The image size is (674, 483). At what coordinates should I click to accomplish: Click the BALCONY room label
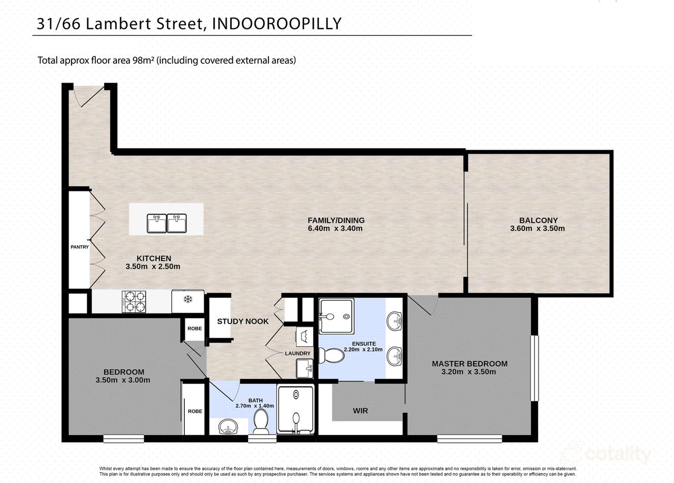pyautogui.click(x=538, y=220)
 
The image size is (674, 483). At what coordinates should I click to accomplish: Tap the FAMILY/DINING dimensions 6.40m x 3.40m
pyautogui.click(x=336, y=228)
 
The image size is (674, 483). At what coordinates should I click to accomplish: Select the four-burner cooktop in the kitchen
pyautogui.click(x=134, y=302)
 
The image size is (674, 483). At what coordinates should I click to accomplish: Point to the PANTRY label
pyautogui.click(x=80, y=247)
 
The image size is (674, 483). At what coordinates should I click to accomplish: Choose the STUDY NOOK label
pyautogui.click(x=243, y=321)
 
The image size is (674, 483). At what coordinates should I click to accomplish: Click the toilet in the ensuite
pyautogui.click(x=332, y=356)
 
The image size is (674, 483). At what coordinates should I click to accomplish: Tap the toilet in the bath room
pyautogui.click(x=261, y=421)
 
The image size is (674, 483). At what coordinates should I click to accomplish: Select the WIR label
pyautogui.click(x=361, y=411)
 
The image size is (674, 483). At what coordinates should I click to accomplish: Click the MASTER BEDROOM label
pyautogui.click(x=470, y=364)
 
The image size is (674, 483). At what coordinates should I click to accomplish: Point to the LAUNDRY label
pyautogui.click(x=298, y=353)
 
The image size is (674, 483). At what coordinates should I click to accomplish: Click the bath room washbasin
pyautogui.click(x=228, y=426)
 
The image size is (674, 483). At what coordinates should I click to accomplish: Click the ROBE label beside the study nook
pyautogui.click(x=194, y=328)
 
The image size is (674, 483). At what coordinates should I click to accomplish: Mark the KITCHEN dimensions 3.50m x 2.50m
pyautogui.click(x=153, y=267)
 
